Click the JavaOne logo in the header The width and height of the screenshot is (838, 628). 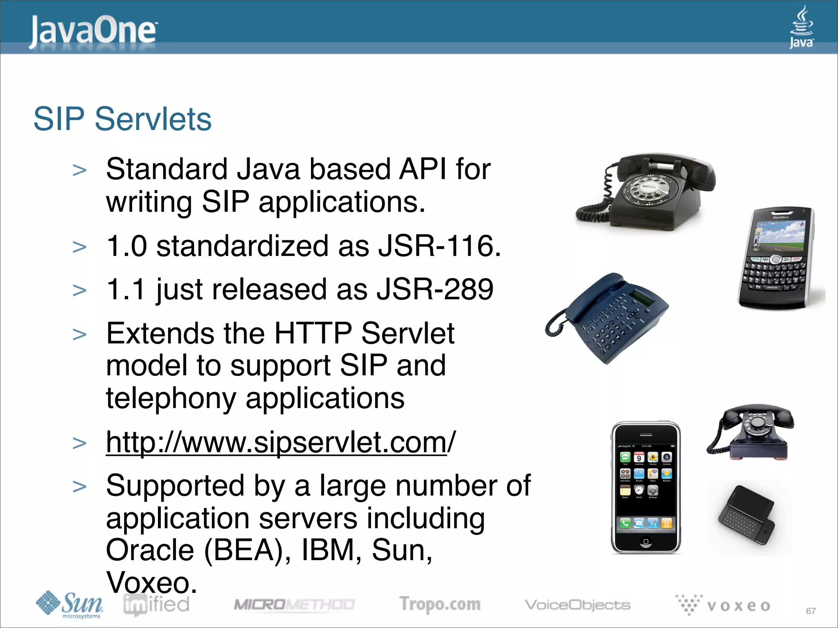tap(92, 31)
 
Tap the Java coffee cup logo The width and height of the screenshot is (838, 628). tap(801, 27)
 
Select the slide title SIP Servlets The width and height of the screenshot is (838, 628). tap(122, 119)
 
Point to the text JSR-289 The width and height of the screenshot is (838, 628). tap(435, 289)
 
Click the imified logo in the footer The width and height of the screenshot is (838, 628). tap(156, 605)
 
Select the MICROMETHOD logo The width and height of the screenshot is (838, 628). tap(294, 605)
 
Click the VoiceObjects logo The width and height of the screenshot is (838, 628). tap(577, 605)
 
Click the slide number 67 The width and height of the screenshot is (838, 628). tap(811, 611)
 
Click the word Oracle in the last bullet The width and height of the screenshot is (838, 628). tap(150, 550)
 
